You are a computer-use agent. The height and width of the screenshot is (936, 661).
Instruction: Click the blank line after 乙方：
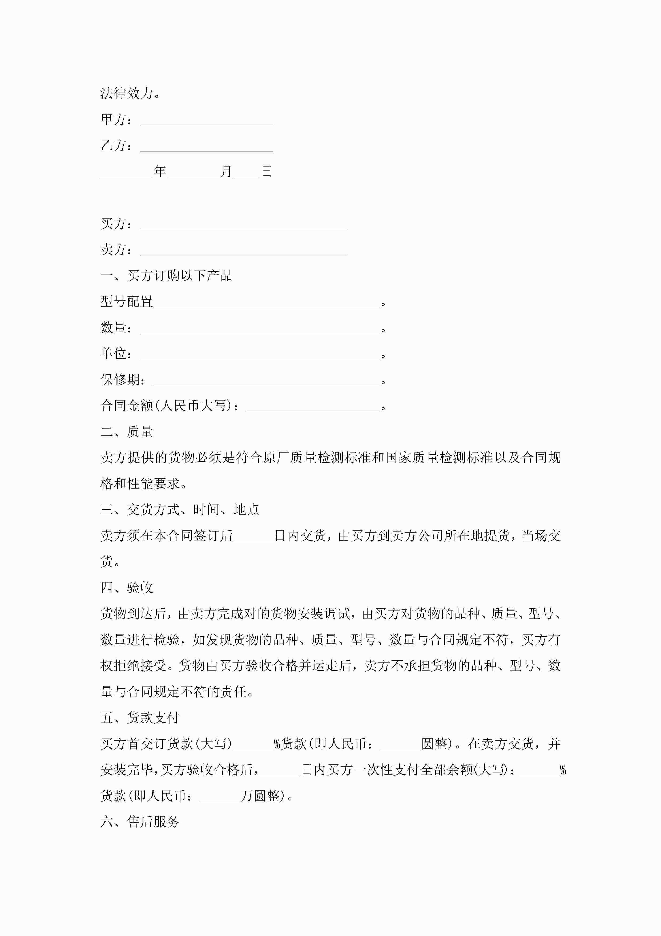tap(207, 148)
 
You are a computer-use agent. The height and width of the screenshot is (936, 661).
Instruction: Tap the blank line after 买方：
tap(243, 226)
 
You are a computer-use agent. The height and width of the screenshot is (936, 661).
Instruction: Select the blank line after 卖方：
tap(243, 252)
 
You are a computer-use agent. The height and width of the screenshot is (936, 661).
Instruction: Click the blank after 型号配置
tap(266, 304)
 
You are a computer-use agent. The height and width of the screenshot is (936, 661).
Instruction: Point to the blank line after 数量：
tap(260, 330)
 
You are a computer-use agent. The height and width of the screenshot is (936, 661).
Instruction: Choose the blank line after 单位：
tap(260, 356)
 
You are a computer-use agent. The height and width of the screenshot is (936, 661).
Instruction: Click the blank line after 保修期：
tap(266, 382)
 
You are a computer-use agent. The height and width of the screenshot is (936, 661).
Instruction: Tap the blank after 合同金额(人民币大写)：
tap(313, 408)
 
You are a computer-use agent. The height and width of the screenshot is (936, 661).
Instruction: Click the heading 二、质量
tap(127, 432)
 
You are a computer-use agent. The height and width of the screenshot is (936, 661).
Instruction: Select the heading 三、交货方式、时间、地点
tap(180, 510)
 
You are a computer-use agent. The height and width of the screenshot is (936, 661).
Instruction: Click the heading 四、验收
tap(127, 588)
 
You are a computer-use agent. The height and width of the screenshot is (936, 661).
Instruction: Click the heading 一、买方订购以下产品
tap(166, 276)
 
